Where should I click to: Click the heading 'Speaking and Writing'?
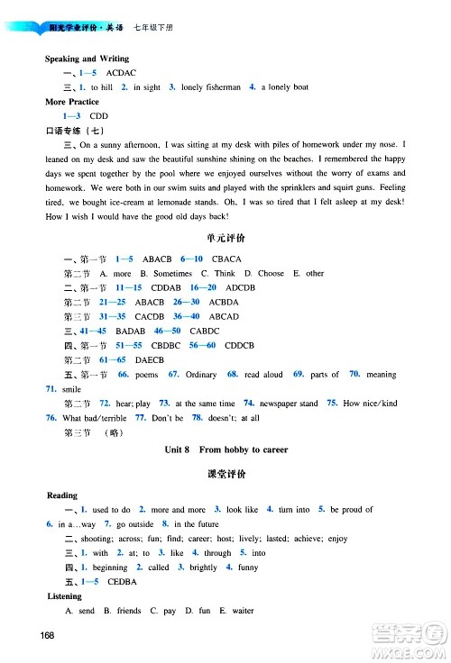[87, 59]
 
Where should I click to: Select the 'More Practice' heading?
[73, 102]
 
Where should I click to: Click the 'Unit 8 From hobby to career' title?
[226, 448]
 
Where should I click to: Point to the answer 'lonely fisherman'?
[210, 87]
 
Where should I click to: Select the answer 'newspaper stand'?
[288, 404]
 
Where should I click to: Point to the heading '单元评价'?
[226, 241]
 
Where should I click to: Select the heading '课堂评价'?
[226, 473]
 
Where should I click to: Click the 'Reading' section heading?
[62, 495]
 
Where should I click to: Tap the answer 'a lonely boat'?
[285, 87]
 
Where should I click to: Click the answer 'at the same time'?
[205, 404]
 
